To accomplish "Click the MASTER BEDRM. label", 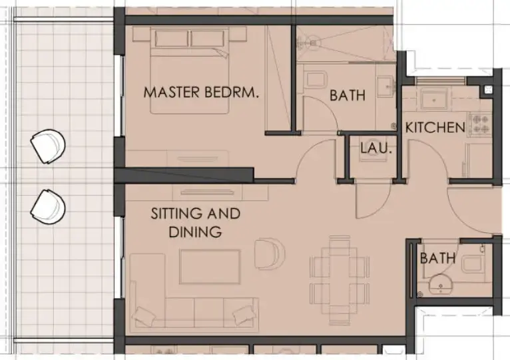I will (x=201, y=92).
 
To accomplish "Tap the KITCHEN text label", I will (x=435, y=127).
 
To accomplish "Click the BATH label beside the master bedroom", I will (x=348, y=96).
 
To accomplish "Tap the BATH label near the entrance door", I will (x=437, y=258).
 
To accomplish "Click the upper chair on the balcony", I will (x=49, y=145).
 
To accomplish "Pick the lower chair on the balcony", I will (x=48, y=206).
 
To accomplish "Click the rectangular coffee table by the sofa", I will (x=210, y=266).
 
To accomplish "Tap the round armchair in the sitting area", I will (x=270, y=254).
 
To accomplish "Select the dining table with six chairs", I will (x=341, y=273).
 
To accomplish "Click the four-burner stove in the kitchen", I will (x=479, y=122).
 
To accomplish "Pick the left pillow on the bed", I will (x=171, y=38).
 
